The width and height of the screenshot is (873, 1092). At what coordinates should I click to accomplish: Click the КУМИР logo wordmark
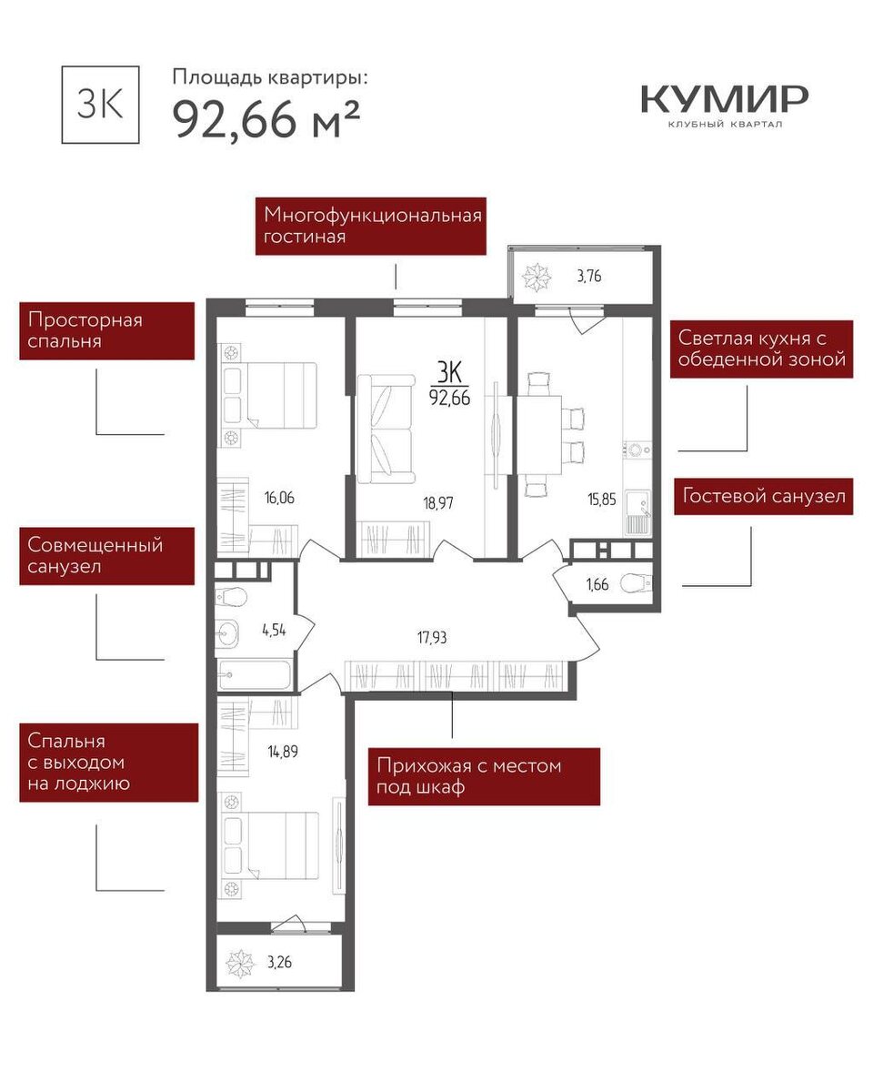point(725,99)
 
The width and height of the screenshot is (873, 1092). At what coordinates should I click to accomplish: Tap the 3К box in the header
point(100,105)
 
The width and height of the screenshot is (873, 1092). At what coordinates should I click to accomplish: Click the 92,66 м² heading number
point(266,120)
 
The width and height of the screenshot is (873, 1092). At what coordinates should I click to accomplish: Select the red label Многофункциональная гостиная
point(370,227)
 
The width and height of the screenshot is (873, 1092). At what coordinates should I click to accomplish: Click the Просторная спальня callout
point(107,331)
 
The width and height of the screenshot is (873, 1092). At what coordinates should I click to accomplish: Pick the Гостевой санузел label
point(763,496)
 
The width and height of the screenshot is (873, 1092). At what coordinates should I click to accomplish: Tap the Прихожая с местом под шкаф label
point(484,776)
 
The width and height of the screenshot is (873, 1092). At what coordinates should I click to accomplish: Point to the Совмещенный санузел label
point(107,556)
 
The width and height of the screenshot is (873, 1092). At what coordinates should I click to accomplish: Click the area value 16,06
point(279,498)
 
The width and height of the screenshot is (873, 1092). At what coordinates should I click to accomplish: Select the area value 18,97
point(438,503)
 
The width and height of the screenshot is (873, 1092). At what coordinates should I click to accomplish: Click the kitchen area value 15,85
point(602,500)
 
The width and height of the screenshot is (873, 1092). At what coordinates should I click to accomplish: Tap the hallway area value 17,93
point(432,637)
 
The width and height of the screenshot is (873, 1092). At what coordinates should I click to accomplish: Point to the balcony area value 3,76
point(589,276)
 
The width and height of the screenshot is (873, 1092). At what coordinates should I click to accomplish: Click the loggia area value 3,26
point(279,962)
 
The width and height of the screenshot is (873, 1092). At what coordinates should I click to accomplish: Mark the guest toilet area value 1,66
point(597,584)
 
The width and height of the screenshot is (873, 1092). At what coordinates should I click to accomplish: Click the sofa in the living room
point(386,429)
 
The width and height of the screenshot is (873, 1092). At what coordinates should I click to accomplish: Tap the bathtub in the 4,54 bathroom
point(255,674)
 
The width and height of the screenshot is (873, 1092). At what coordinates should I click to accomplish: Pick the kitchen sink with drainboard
point(638,512)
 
